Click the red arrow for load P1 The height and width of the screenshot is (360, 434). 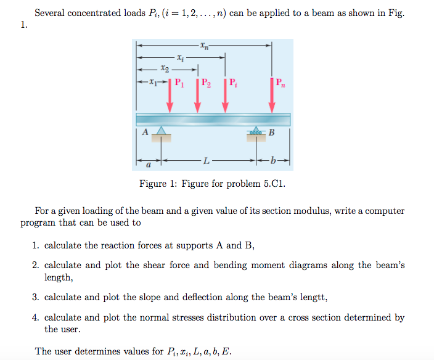tap(170, 96)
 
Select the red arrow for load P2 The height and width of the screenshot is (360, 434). tap(198, 96)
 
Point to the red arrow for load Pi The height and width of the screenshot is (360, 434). tap(225, 96)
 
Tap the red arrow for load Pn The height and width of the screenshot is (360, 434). tap(272, 96)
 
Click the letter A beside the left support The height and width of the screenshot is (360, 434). tap(145, 131)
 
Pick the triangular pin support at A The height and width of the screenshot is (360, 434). tap(162, 131)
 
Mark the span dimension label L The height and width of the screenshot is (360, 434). tap(206, 162)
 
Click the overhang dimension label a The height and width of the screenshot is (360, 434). tap(148, 165)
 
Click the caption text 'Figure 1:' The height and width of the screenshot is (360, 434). tap(157, 184)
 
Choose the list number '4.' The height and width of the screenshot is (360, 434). tap(36, 318)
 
